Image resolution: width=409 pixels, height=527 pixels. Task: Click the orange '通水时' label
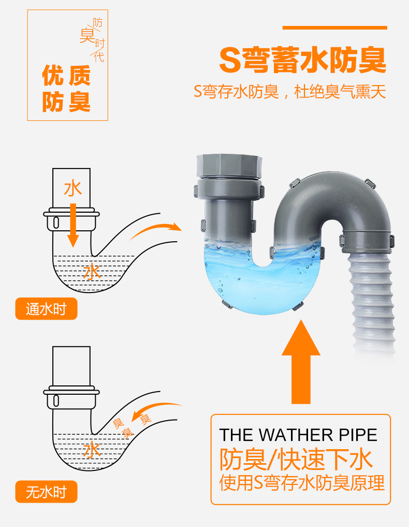[x=46, y=310]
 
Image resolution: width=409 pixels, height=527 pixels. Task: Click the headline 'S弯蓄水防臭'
[x=303, y=61]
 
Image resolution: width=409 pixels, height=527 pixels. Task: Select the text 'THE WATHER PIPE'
[x=298, y=435]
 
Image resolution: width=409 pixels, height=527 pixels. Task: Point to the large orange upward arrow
[x=301, y=363]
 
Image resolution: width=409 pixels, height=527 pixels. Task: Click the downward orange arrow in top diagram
[x=73, y=225]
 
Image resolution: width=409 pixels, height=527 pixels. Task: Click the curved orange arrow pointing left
[x=156, y=411]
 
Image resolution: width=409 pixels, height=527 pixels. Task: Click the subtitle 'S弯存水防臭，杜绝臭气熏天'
[x=290, y=93]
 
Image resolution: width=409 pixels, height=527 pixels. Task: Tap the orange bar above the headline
[x=334, y=27]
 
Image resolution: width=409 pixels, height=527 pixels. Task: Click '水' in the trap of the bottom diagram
[x=92, y=449]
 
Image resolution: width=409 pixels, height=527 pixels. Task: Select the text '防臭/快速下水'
[x=297, y=459]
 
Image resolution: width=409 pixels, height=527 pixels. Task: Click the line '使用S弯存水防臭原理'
[x=302, y=483]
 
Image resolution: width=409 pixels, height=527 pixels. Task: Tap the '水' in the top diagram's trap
[x=92, y=271]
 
